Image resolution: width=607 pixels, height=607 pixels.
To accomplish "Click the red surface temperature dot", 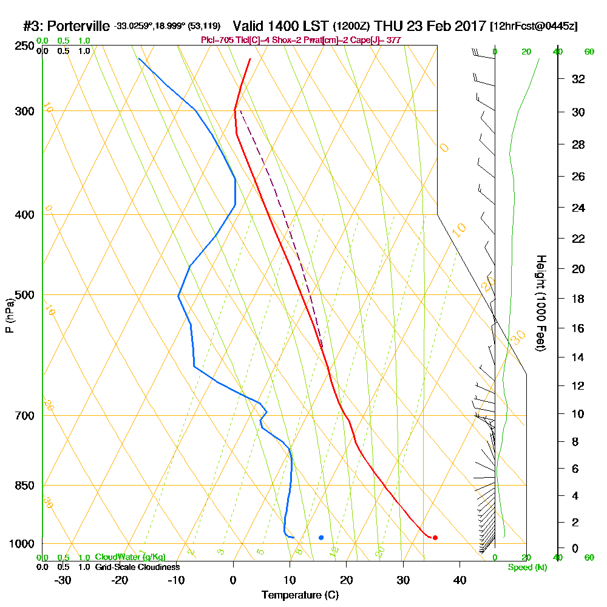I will (435, 537).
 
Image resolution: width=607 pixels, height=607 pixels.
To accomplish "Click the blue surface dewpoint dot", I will (321, 537).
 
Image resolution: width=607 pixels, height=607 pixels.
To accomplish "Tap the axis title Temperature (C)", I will (300, 595).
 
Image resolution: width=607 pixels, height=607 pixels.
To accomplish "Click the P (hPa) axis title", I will (10, 315).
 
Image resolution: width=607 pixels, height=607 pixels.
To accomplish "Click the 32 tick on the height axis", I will (578, 79).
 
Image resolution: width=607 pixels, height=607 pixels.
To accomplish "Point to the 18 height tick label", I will (578, 299).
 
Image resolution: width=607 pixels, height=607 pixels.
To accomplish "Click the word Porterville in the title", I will (79, 26).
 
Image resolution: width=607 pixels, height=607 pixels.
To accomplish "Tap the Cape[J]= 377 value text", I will (379, 40).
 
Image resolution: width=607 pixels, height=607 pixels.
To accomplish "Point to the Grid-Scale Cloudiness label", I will (137, 567).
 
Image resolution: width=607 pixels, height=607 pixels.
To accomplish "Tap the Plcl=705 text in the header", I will (215, 40).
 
